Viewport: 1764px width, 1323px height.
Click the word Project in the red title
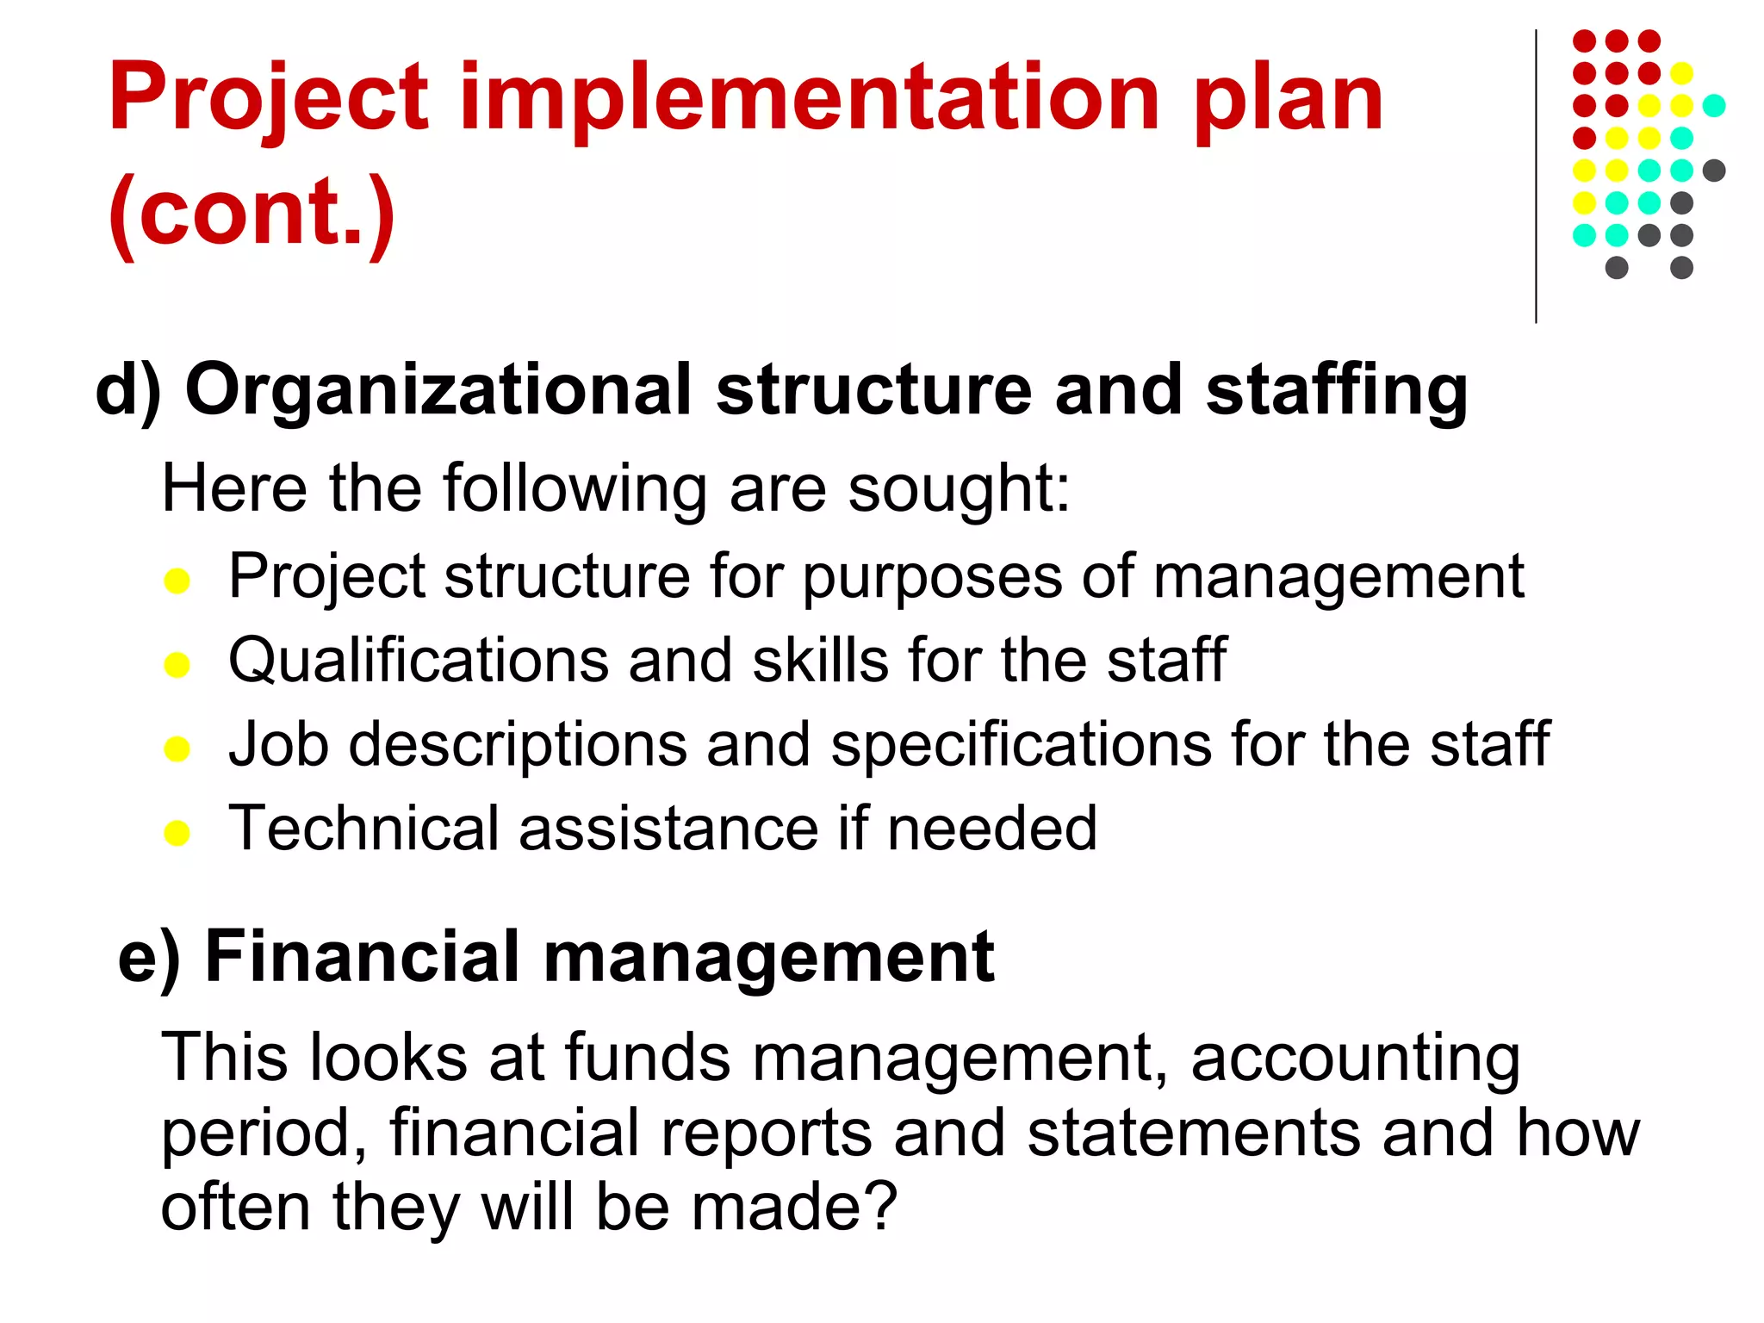point(268,99)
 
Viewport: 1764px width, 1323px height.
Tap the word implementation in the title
point(811,99)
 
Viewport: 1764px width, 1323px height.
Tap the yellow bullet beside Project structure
point(177,581)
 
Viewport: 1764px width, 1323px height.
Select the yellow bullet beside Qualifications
point(177,665)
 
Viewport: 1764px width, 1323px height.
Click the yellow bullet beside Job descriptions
point(177,748)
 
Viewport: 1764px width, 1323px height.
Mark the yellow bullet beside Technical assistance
point(177,833)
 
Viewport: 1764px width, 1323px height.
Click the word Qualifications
point(419,661)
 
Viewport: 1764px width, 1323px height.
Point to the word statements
point(1194,1133)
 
